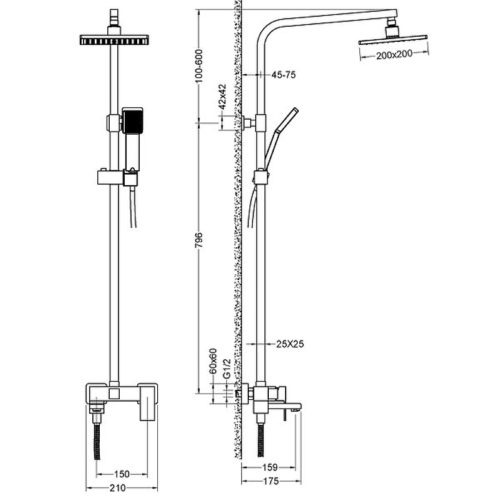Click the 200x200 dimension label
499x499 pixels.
395,56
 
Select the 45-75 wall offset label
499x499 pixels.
283,75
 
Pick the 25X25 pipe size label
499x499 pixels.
289,343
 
